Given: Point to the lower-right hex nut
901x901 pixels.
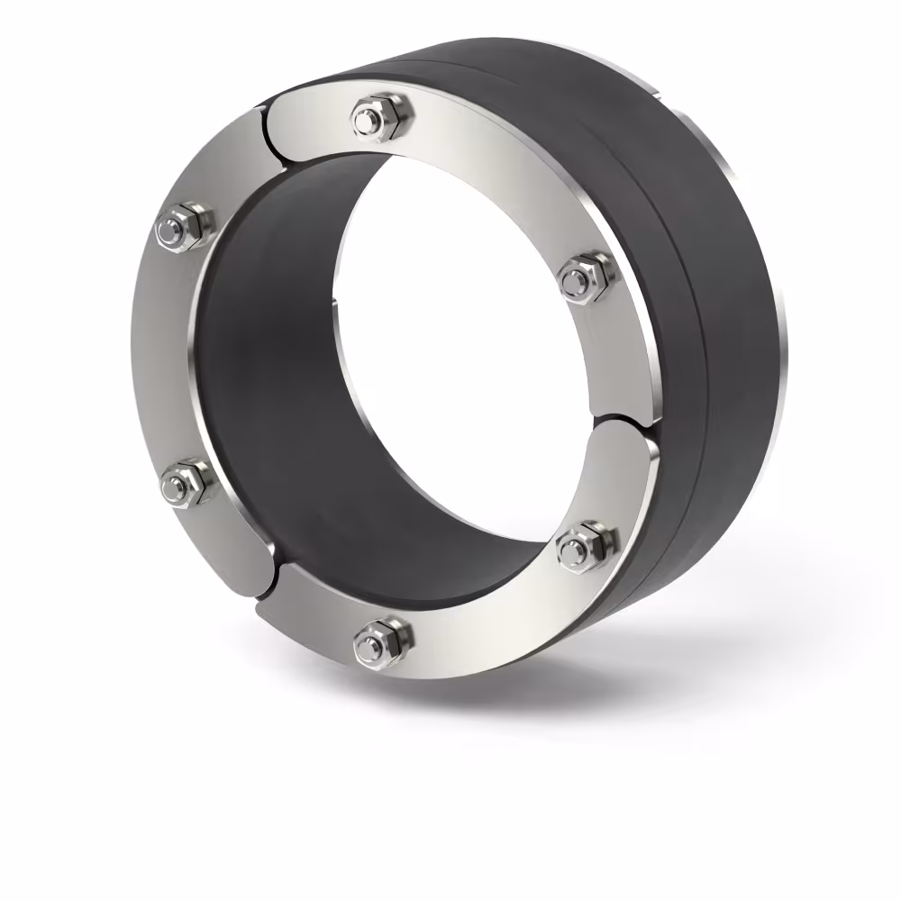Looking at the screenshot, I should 585,545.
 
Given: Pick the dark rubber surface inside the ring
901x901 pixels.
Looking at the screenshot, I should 270,378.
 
